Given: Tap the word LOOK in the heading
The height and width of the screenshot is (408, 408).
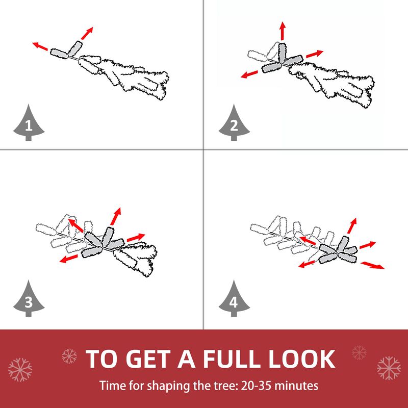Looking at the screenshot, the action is pos(301,359).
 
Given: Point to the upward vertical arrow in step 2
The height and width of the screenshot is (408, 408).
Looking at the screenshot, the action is pos(283,31).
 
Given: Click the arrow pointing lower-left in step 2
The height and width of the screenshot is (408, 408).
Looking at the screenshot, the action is pos(249,74).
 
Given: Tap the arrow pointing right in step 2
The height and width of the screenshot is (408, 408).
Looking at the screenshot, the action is pos(315,54).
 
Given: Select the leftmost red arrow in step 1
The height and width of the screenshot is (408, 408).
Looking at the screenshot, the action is pos(40,46).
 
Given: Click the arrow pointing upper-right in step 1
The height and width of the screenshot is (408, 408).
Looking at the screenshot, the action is pos(87,33).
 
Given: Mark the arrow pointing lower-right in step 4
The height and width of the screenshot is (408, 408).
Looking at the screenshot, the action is pos(373,265).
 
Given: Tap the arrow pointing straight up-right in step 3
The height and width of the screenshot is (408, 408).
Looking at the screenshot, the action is pos(116,216).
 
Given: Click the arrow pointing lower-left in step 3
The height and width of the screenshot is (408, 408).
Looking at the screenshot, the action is pos(68,259).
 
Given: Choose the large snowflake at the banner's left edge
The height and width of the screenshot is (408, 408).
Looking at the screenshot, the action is pos(20,370).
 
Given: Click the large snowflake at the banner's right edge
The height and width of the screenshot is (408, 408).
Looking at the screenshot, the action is pos(389,368).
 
